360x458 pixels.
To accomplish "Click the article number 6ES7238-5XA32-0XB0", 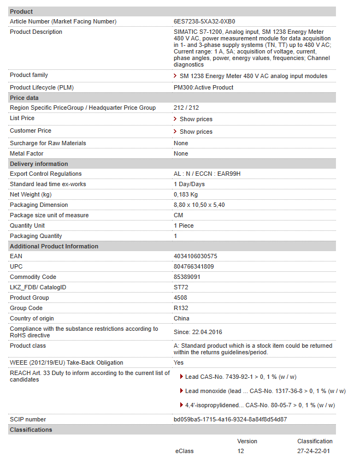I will pos(204,21).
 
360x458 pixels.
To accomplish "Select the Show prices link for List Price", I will pos(196,119).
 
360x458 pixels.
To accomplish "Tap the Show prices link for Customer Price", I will pos(196,132).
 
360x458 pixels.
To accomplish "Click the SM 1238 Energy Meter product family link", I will pos(253,76).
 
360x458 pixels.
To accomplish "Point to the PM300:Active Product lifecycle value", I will pos(203,87).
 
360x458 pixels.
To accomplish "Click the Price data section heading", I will pos(25,98).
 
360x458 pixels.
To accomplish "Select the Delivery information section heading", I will pos(39,164).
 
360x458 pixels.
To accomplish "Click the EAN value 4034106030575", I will pos(195,256).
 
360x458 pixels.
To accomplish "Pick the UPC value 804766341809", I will pos(193,266).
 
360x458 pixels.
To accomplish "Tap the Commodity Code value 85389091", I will pos(187,277).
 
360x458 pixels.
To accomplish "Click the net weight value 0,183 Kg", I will pos(186,194).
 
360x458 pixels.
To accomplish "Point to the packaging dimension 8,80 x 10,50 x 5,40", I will pos(199,205).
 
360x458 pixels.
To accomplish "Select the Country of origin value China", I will pos(181,318).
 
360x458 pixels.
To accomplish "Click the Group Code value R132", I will pos(181,308).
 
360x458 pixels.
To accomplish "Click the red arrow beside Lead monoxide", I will pos(181,390).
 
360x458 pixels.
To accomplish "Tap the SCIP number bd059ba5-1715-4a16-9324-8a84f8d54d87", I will pos(230,419).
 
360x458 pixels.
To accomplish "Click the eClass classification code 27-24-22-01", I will pos(314,451).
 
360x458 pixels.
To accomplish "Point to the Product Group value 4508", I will pos(180,298).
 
